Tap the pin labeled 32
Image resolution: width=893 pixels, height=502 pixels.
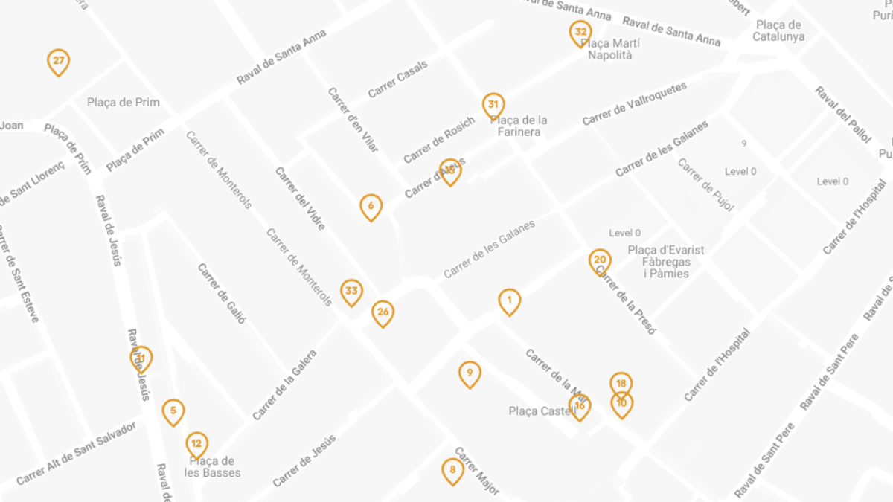(580, 33)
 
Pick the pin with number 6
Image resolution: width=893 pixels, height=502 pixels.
(371, 207)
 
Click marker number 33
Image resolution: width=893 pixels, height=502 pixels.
(352, 292)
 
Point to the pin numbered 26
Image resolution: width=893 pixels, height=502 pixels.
(383, 313)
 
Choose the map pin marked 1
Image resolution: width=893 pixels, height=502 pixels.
(509, 301)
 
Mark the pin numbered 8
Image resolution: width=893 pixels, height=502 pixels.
(452, 470)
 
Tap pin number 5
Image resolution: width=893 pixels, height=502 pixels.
(173, 411)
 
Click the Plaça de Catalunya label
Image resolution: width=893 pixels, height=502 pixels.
(778, 31)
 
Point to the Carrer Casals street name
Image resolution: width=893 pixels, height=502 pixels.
(398, 79)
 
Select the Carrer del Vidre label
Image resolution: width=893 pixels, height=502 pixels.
(300, 198)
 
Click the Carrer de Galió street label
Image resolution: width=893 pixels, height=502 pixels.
(221, 293)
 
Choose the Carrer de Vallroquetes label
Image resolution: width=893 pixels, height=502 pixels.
(634, 103)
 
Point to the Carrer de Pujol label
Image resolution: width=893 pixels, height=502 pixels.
(705, 184)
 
